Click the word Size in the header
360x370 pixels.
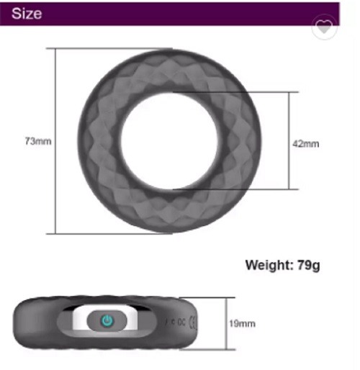tap(27, 13)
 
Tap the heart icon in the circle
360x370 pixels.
tap(324, 27)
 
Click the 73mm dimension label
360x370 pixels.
tap(38, 141)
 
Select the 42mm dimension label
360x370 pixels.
tap(306, 144)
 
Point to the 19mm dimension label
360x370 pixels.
tap(242, 323)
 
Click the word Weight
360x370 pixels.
tap(269, 266)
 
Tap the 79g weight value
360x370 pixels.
tap(309, 266)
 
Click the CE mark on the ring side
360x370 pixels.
tap(193, 322)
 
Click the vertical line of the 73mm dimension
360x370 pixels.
tap(55, 141)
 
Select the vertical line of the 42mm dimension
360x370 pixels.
tap(289, 140)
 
